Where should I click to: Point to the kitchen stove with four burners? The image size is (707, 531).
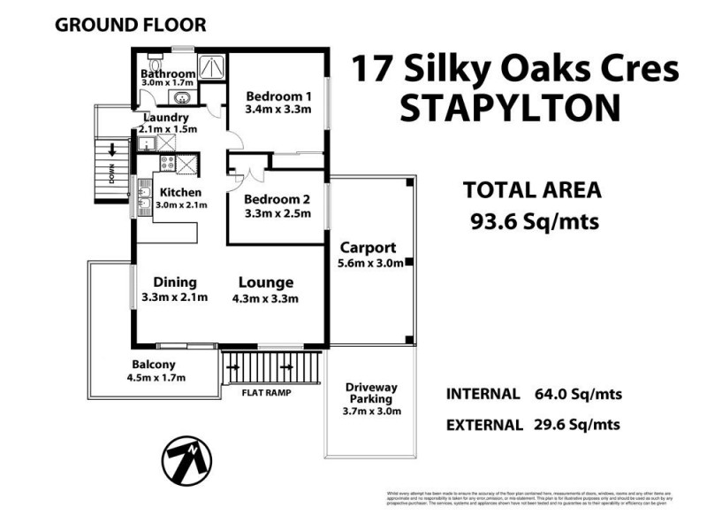point(165,162)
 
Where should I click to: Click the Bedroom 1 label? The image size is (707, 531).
point(279,96)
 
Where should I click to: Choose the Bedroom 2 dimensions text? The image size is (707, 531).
point(277,213)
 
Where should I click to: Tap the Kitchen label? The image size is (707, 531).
point(180,192)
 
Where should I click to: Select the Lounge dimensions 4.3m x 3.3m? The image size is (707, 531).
point(265,298)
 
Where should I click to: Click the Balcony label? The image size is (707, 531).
point(154,364)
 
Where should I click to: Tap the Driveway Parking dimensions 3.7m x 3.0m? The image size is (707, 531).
point(371,411)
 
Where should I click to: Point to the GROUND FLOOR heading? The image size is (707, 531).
point(130,25)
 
